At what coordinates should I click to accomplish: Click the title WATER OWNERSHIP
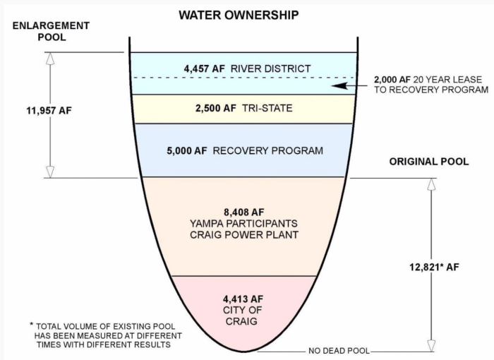(238, 14)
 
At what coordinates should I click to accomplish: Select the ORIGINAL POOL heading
(428, 162)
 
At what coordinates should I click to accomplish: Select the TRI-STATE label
(265, 109)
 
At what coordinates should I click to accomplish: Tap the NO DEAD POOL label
(337, 351)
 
